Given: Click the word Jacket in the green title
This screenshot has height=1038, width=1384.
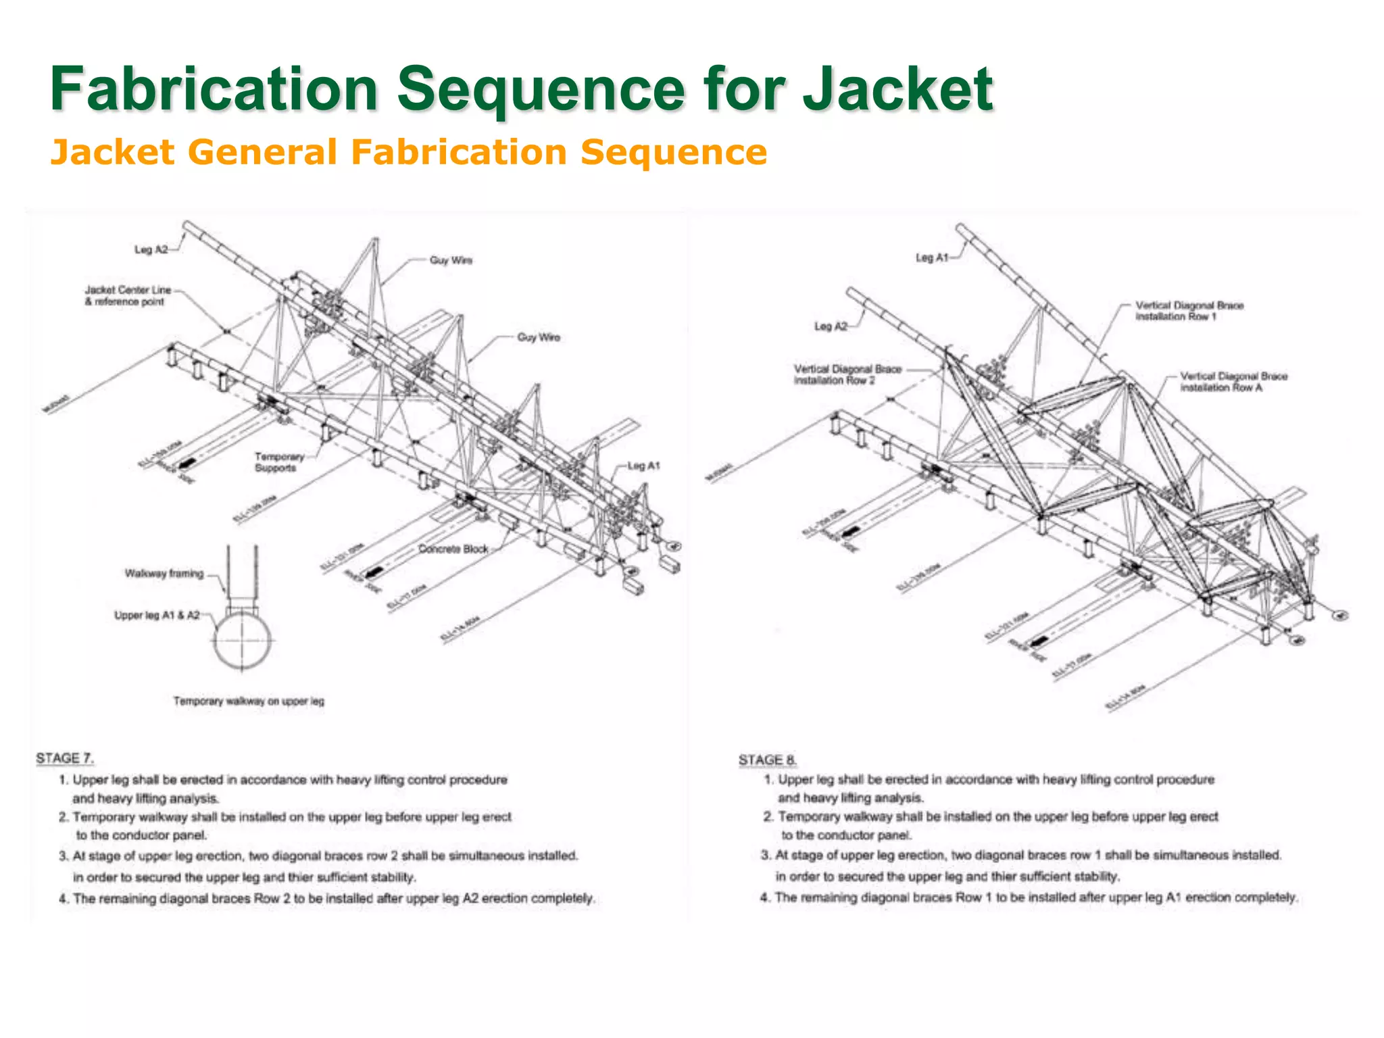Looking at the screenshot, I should coord(897,89).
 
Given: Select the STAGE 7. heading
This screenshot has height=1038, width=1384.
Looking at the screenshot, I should coord(65,758).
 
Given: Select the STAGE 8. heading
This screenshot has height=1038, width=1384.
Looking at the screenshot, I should coord(768,760).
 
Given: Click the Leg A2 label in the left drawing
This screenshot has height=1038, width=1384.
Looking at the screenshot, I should coord(151,250).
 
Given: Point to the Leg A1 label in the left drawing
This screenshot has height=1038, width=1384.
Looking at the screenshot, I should coord(643,466).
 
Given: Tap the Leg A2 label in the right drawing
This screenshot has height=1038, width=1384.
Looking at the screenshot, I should coord(831,326).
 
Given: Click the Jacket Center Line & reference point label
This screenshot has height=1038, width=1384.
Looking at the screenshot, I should coord(127,296).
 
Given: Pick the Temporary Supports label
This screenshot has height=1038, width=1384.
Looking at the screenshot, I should coord(278,462).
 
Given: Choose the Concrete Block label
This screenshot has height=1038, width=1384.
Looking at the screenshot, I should coord(453,549).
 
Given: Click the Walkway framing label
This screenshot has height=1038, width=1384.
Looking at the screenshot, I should coord(164,574).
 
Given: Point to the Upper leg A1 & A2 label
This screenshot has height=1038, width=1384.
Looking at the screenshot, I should coord(157,615).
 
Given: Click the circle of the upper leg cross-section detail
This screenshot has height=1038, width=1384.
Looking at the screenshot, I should coord(243,639).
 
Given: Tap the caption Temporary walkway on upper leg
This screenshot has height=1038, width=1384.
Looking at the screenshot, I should coord(249,701).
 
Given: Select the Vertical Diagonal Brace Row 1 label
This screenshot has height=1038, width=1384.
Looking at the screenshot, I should coord(1189,311).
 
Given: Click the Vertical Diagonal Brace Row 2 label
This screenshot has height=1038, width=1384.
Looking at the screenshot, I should coord(847,374).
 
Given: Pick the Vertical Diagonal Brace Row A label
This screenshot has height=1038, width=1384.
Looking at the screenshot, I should coord(1233,382).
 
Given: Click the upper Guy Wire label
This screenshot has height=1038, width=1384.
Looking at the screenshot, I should coord(451,260).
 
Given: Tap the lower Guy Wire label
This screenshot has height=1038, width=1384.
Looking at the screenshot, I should coord(538,337).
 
